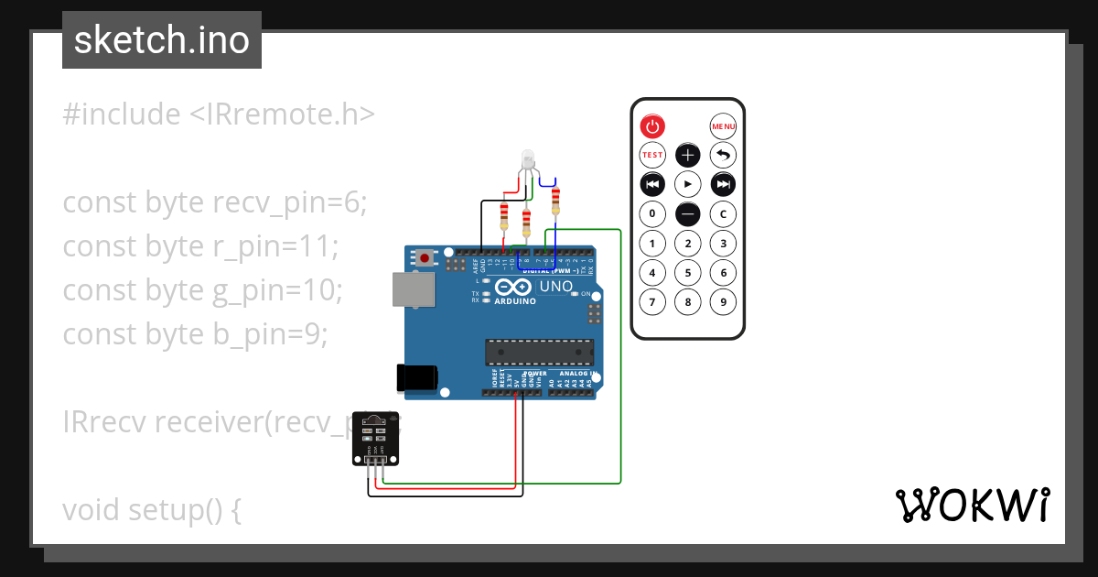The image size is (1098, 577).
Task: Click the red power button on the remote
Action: (x=651, y=126)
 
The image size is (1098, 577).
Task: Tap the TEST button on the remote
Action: (x=651, y=155)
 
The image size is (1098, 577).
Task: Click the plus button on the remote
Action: (x=687, y=155)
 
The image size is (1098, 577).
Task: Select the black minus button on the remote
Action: (x=687, y=214)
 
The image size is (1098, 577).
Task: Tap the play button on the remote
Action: (x=687, y=184)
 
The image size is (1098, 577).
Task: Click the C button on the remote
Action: (x=723, y=214)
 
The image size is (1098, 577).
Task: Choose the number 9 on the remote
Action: (x=723, y=301)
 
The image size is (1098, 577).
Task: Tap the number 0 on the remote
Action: (x=651, y=214)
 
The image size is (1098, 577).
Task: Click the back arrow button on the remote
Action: (x=723, y=155)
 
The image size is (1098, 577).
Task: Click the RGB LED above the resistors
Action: (x=527, y=159)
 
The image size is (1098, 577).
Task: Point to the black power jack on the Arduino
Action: (x=417, y=376)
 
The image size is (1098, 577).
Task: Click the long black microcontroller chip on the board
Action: (x=539, y=351)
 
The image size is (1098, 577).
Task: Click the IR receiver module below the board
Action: (x=376, y=439)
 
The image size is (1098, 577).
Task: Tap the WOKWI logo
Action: (x=972, y=506)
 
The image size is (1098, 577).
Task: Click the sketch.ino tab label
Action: (x=162, y=40)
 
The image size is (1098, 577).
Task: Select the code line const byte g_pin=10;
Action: (x=202, y=290)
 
